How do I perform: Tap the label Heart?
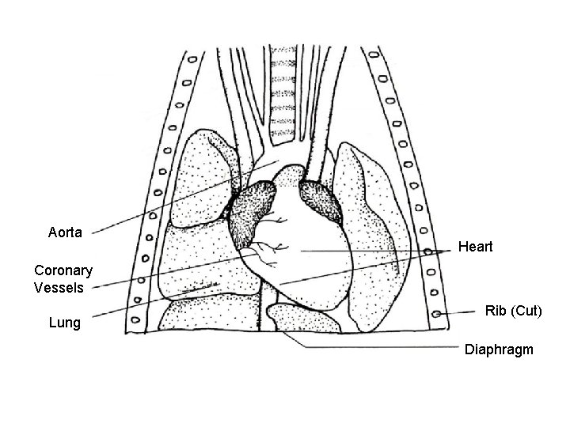pyautogui.click(x=475, y=248)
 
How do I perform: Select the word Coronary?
pyautogui.click(x=63, y=270)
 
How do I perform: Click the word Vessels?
pyautogui.click(x=59, y=288)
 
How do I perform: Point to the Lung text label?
pyautogui.click(x=64, y=323)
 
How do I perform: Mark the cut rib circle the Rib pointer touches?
pyautogui.click(x=438, y=315)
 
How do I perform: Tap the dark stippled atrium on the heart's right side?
pyautogui.click(x=320, y=202)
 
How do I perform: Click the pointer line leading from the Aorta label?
pyautogui.click(x=182, y=198)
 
